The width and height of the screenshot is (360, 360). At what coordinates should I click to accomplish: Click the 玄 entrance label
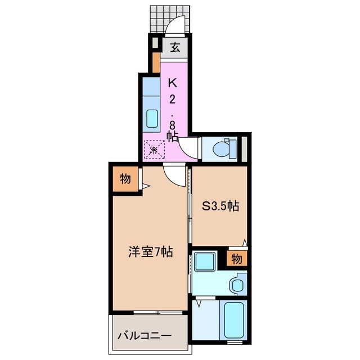pyautogui.click(x=175, y=47)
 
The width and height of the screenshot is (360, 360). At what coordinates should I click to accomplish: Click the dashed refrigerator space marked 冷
pyautogui.click(x=153, y=150)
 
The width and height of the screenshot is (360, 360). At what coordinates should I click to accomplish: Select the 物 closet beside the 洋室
pyautogui.click(x=125, y=179)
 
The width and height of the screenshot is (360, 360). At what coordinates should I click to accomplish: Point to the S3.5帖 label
pyautogui.click(x=220, y=206)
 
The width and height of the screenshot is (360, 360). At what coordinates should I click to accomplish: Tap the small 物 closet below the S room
pyautogui.click(x=236, y=259)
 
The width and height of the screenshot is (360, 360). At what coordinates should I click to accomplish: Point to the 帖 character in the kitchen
pyautogui.click(x=173, y=136)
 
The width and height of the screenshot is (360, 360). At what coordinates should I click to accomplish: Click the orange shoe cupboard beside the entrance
pyautogui.click(x=155, y=64)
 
